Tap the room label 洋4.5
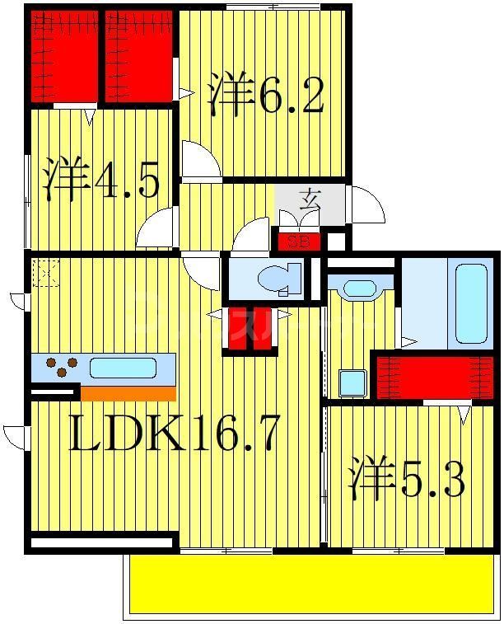102,181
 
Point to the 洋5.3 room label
407,481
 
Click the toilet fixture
278,279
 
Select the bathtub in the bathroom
471,303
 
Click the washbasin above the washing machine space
358,289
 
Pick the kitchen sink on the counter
123,368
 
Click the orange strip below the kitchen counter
128,393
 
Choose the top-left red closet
64,56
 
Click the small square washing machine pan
352,383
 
